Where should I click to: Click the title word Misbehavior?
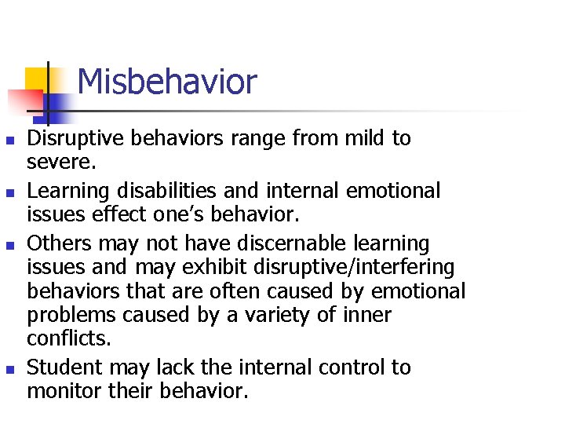(x=167, y=82)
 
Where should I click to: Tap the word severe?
(x=62, y=163)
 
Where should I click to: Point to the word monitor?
(x=66, y=391)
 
